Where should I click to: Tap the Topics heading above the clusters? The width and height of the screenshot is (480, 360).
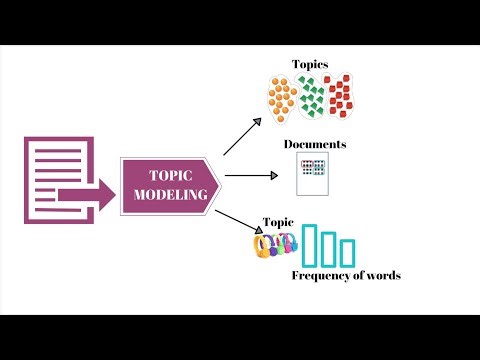pos(310,64)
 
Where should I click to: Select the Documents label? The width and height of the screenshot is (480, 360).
pos(314,144)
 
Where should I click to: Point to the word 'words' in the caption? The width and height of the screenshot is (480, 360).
pos(382,275)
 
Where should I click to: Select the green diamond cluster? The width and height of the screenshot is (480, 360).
pos(314,97)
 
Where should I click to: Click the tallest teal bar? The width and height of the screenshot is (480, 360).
pos(311,243)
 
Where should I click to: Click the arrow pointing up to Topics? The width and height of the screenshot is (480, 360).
pos(242,135)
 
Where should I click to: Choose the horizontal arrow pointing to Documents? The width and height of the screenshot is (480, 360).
pos(250,175)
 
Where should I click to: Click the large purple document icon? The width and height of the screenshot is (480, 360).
pos(50,180)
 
